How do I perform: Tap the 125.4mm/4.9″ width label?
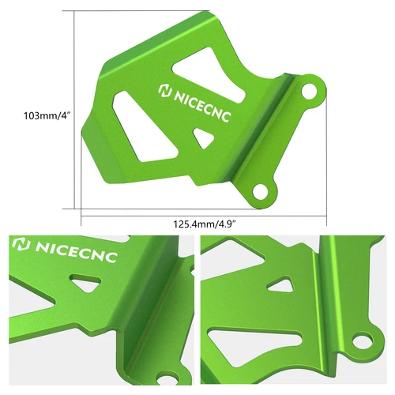205,224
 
